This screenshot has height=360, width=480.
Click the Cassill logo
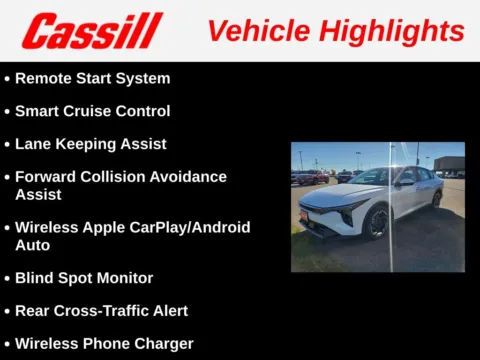coord(92,31)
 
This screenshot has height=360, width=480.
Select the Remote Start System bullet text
coord(92,78)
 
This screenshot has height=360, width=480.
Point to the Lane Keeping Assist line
coord(90,144)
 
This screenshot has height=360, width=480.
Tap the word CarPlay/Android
coord(179,227)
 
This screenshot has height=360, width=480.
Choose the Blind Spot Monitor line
coord(83,278)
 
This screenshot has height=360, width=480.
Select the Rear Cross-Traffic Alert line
coord(100,311)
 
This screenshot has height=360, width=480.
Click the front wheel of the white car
coord(377,222)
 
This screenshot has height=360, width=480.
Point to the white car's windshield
coord(372,177)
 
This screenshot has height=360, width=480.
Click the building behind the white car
coord(447,163)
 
